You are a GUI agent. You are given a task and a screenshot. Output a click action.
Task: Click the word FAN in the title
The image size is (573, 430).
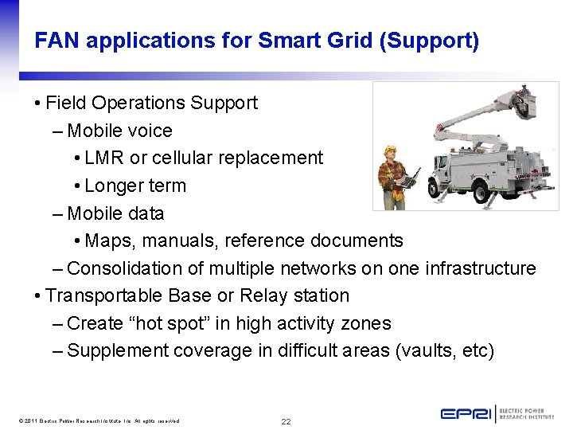tap(57, 41)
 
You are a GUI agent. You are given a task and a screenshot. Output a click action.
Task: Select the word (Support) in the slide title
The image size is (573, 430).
tap(430, 41)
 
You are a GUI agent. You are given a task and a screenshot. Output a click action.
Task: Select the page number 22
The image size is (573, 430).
tap(286, 420)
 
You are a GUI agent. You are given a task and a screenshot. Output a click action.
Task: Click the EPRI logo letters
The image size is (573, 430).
tap(467, 414)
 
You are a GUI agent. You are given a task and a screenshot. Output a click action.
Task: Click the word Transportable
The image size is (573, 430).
tap(104, 295)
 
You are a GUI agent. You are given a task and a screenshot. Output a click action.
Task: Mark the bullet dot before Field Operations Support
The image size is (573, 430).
tap(38, 104)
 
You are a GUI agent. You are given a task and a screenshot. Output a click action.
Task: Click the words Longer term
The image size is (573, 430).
tap(134, 186)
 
